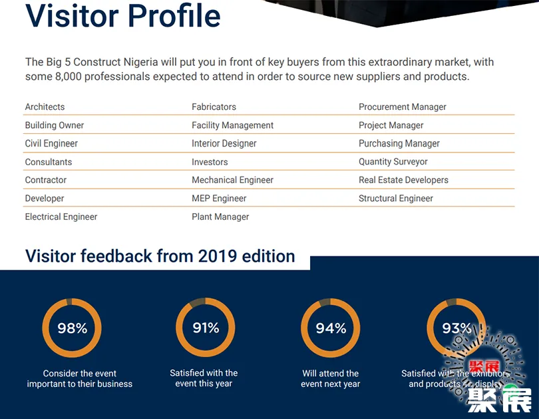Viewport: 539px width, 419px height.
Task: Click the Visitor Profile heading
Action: point(123,16)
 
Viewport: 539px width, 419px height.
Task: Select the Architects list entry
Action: point(45,107)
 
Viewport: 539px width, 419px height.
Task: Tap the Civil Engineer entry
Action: point(51,143)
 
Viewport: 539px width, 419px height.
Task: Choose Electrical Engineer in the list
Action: point(61,216)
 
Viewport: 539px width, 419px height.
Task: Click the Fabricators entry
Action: point(214,107)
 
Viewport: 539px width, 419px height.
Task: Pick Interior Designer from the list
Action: point(224,143)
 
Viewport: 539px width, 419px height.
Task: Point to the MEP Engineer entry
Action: point(219,199)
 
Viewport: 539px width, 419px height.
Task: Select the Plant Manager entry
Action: point(220,216)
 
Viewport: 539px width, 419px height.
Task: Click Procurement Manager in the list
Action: point(403,107)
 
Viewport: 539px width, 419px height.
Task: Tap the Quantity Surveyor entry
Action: point(393,162)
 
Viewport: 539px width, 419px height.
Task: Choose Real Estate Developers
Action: point(403,180)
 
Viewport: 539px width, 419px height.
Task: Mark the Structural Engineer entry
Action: point(396,199)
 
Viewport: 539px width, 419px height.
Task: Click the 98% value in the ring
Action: point(72,328)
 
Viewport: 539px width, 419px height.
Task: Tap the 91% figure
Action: point(206,327)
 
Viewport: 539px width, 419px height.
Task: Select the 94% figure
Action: point(331,328)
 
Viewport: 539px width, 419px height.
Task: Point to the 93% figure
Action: point(456,328)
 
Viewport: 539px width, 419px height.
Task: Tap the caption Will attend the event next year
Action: point(331,378)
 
